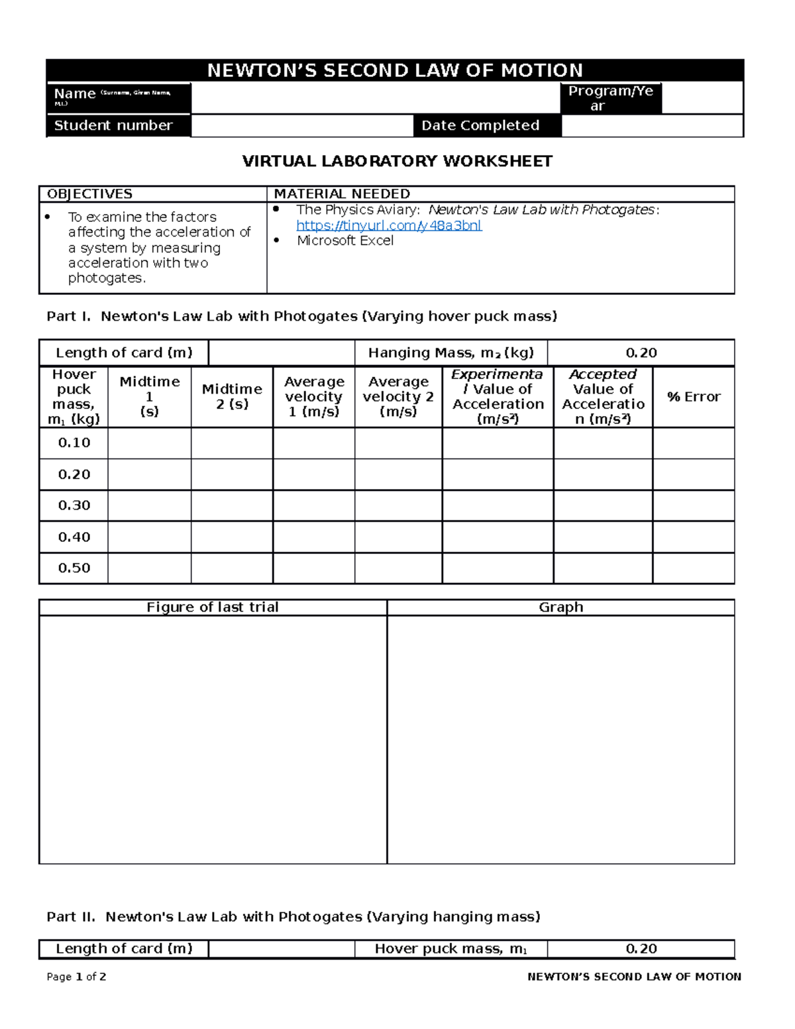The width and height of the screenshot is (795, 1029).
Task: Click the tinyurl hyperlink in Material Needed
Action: click(389, 225)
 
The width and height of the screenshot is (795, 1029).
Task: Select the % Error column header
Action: click(693, 397)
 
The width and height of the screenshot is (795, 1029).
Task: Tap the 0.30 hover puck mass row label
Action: click(74, 506)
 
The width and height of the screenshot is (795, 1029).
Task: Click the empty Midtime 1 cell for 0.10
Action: click(149, 443)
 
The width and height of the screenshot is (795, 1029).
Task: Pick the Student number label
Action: click(113, 125)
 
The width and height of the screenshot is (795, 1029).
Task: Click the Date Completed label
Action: click(480, 125)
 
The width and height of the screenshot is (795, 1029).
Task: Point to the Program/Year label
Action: click(610, 98)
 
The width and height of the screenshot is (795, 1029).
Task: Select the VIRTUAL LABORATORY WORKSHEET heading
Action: click(397, 161)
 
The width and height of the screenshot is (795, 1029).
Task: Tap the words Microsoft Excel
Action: click(344, 241)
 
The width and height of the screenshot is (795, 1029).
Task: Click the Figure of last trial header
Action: click(212, 607)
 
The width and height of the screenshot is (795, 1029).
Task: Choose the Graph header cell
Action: click(560, 607)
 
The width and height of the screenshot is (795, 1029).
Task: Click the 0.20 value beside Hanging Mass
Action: click(641, 352)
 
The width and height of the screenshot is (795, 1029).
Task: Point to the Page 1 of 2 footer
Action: click(76, 977)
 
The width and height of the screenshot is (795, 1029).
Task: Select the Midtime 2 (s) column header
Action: click(232, 396)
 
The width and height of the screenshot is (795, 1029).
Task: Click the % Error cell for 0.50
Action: click(693, 569)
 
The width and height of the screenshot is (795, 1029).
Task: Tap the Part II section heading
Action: click(293, 916)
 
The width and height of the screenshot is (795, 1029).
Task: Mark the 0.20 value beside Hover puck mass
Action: click(641, 949)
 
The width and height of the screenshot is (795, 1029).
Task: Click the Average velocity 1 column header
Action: click(314, 396)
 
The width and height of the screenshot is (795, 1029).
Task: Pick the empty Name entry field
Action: click(375, 98)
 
